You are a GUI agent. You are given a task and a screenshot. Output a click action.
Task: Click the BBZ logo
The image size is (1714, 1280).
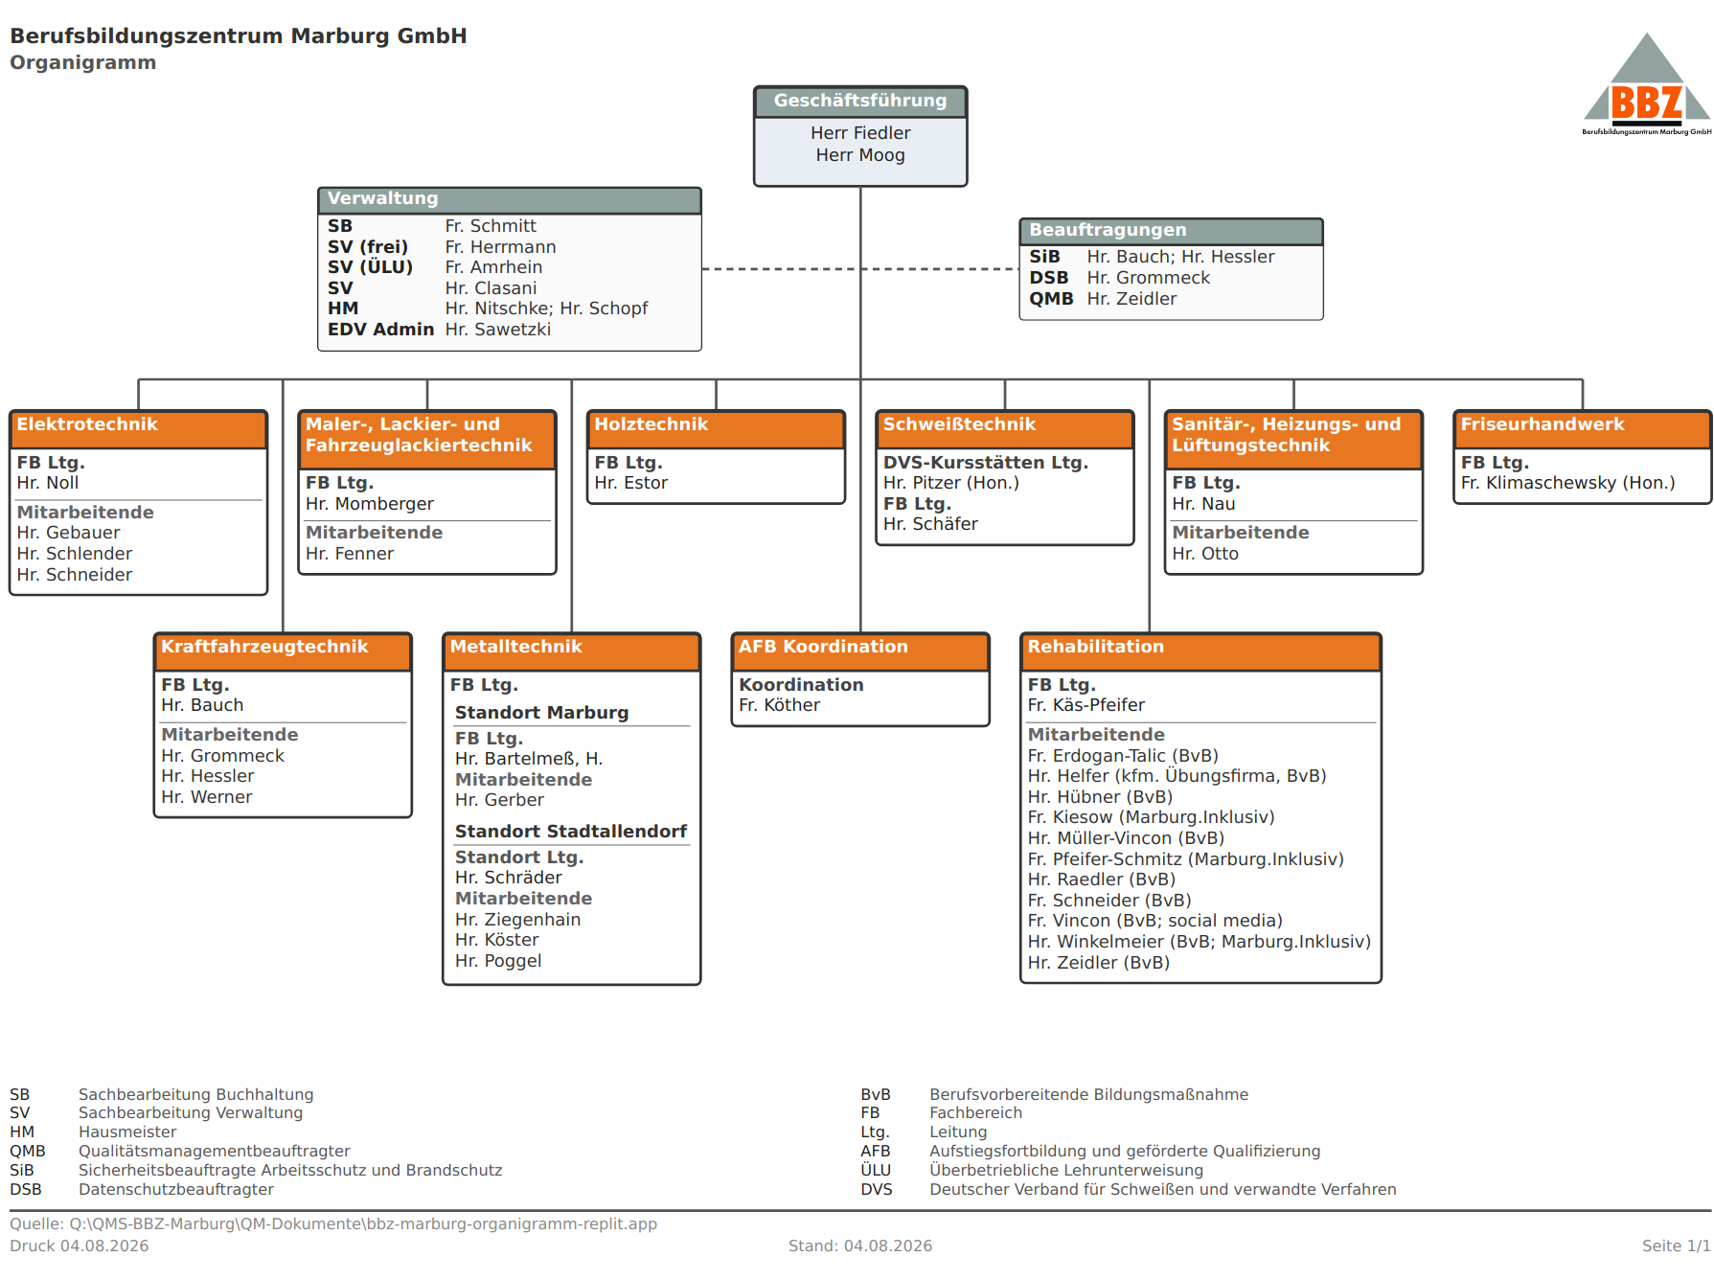[1646, 85]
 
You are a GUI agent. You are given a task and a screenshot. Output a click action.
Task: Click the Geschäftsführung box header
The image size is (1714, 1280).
[860, 102]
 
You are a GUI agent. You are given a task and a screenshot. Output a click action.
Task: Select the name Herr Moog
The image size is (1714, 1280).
[860, 155]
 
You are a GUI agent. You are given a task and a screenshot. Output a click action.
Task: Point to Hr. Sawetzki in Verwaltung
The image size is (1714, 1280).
[498, 330]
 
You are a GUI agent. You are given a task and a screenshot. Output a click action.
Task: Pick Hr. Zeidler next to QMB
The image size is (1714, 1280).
[1131, 299]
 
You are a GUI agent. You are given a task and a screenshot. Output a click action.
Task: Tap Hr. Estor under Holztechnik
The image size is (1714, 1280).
[630, 483]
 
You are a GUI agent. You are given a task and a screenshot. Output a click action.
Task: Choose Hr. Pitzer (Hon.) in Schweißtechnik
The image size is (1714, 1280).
[950, 483]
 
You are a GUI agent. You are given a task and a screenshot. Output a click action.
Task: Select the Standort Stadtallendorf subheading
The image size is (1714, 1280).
[571, 832]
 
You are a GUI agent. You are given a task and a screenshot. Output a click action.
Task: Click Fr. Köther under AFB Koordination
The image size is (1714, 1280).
[779, 705]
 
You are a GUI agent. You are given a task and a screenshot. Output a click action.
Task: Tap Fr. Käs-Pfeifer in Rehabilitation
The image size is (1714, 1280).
[1086, 705]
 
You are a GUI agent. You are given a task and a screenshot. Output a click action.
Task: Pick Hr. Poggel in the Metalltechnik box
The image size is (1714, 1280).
[498, 961]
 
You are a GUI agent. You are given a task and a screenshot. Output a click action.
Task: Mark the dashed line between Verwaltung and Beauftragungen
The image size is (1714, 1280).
[860, 269]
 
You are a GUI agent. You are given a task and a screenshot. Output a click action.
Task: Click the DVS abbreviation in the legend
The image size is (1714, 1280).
[876, 1189]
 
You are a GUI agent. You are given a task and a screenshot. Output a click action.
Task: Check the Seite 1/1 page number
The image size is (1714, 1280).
[1676, 1246]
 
